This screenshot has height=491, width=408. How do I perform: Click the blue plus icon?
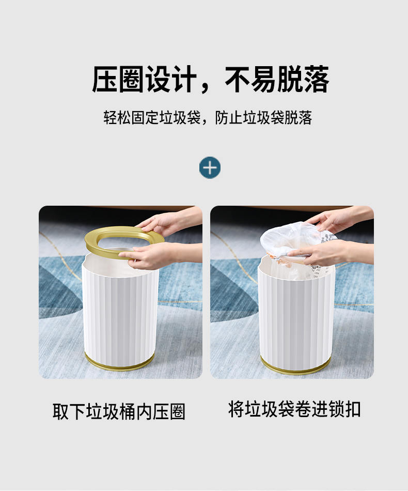pos(210,167)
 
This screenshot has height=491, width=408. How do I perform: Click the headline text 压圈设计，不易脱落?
pos(210,79)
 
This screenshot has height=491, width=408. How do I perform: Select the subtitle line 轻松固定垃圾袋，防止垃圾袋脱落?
pos(208,117)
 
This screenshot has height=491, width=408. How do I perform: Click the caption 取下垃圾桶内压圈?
pos(119,411)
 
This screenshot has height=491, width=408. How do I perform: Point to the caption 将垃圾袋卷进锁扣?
pos(294,409)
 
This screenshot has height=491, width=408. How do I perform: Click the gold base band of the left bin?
pos(119,364)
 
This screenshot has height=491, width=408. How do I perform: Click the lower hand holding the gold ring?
pos(156,255)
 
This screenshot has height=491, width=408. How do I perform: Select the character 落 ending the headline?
pos(316,79)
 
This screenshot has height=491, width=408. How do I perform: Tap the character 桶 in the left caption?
pos(128,411)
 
